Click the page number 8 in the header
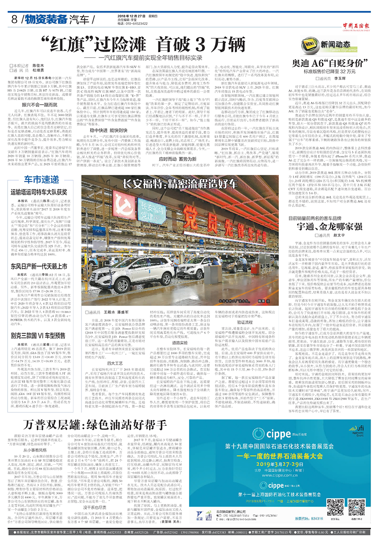[16, 19]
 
